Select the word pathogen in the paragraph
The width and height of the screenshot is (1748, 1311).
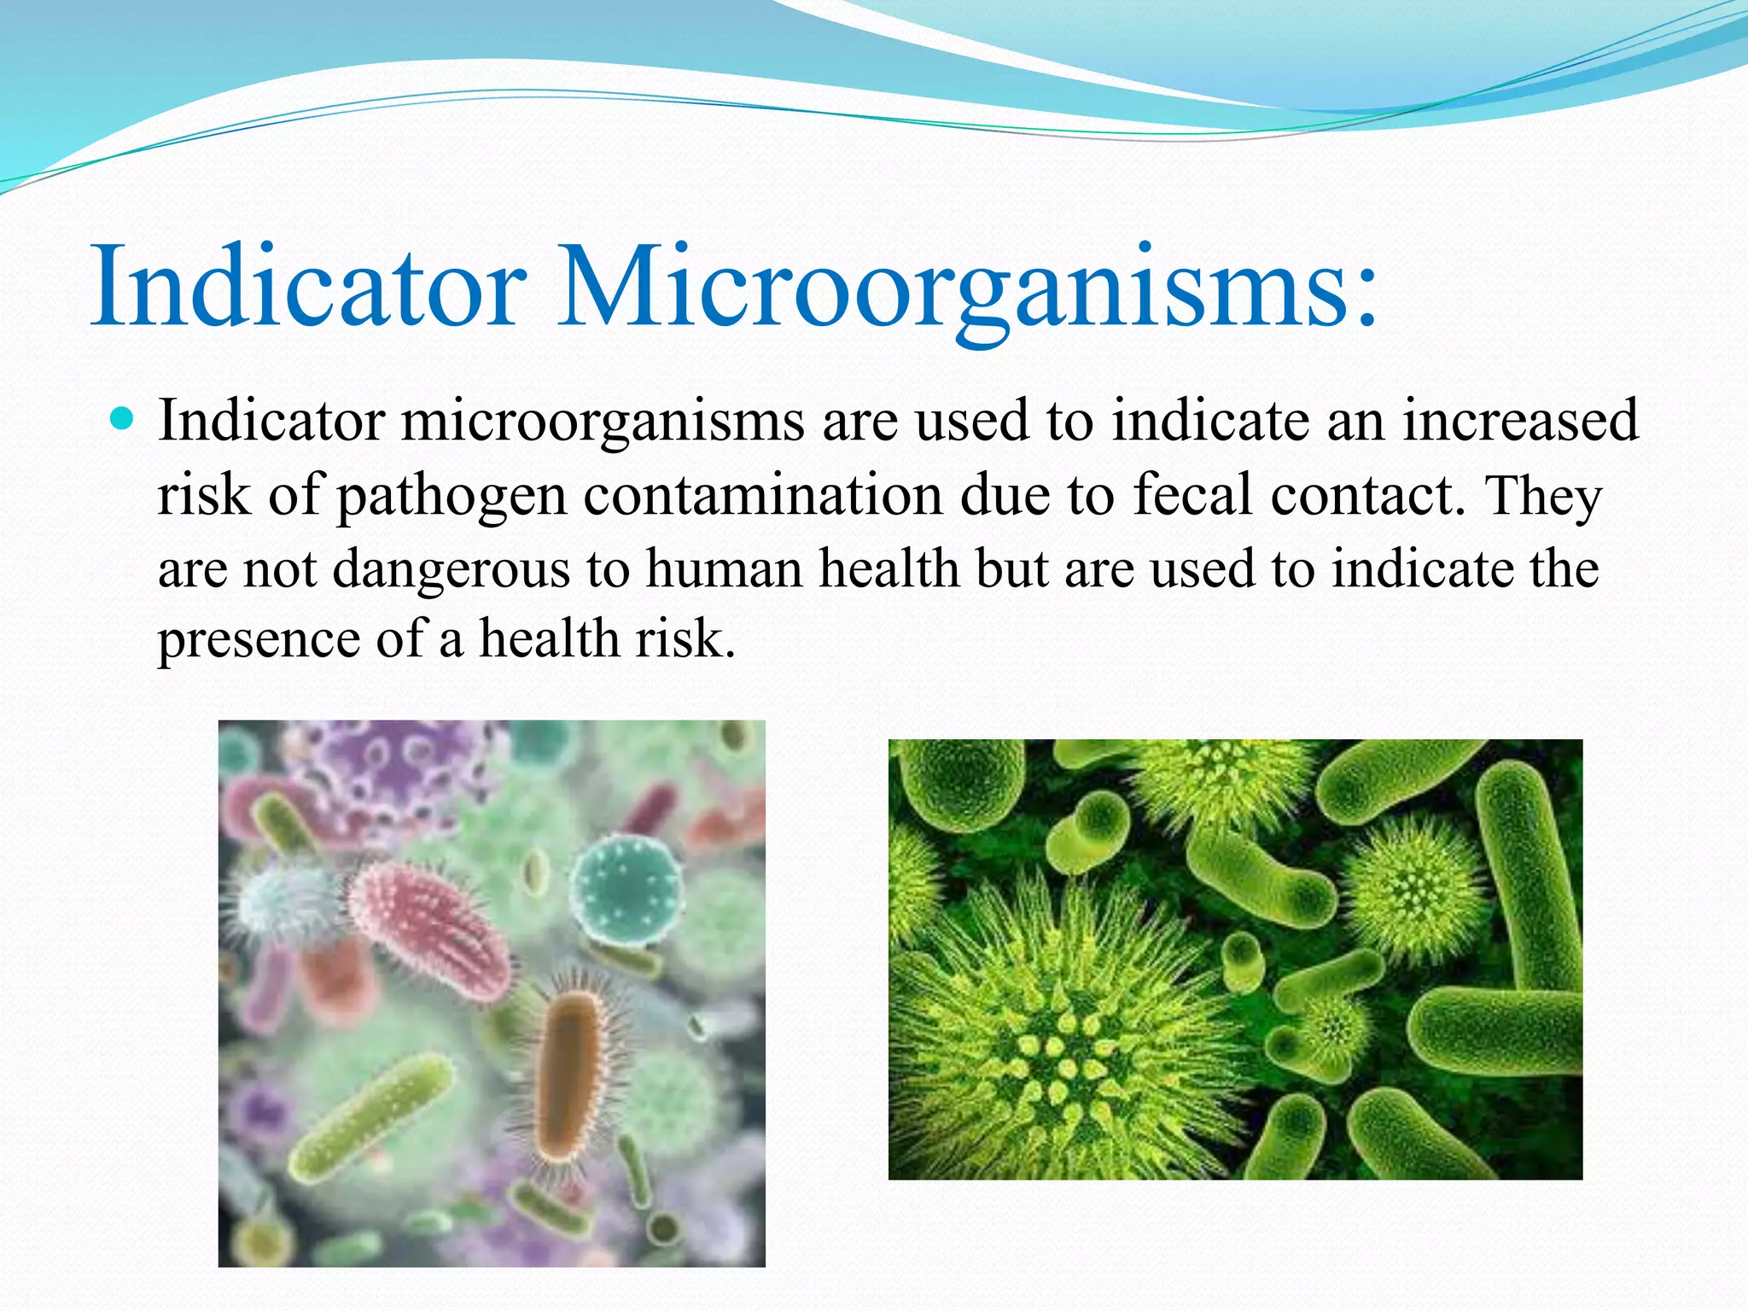[x=451, y=497]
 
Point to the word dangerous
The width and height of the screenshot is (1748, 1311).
[x=450, y=569]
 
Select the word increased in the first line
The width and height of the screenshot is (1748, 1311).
[x=1520, y=421]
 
